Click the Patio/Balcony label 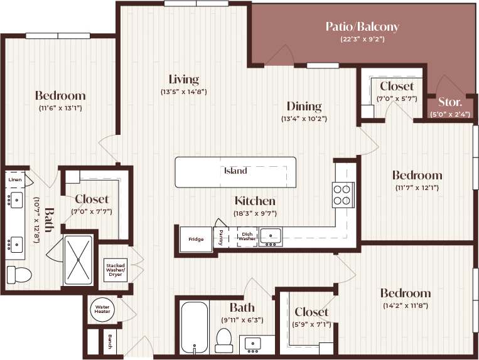[362, 27]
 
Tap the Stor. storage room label [449, 102]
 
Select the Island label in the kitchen [235, 171]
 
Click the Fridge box [196, 239]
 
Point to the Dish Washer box [247, 237]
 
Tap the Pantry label [221, 238]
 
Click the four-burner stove [343, 194]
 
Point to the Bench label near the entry [111, 342]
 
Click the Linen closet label [15, 180]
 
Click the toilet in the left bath [19, 274]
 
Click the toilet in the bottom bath [224, 341]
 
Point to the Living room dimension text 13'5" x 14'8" [183, 92]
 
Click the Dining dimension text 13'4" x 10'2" [304, 119]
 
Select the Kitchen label [255, 201]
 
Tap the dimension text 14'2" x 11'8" [405, 307]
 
